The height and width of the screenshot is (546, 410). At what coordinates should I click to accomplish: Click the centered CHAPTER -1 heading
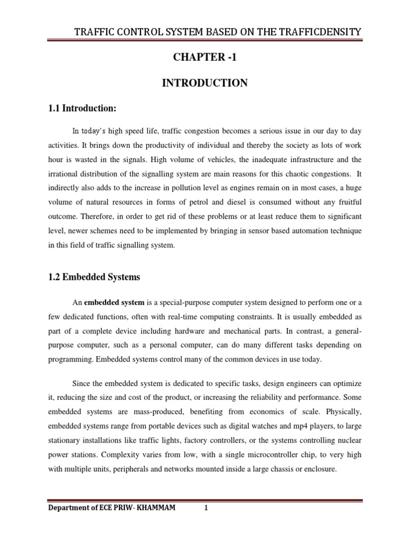(205, 59)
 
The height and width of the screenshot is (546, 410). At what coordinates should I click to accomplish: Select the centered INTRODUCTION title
(205, 83)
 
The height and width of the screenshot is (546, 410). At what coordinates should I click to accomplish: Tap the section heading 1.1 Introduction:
(82, 109)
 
